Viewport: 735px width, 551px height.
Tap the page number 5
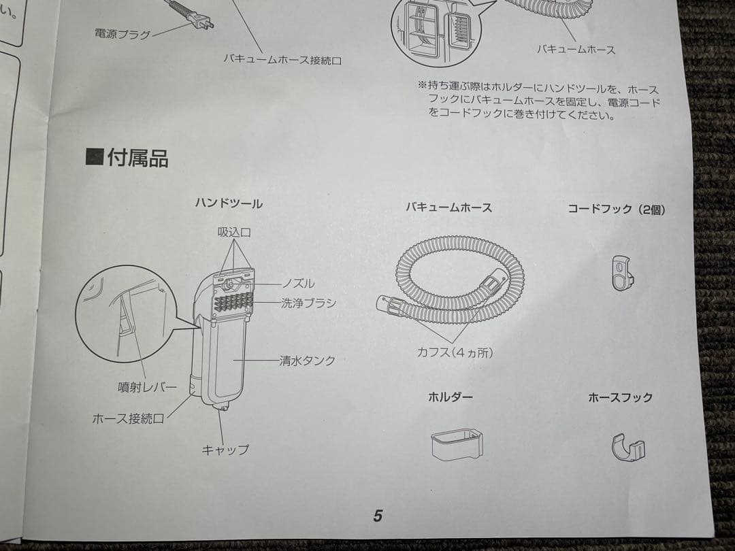(x=378, y=516)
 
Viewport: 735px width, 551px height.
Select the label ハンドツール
(x=229, y=203)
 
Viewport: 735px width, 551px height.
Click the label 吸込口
(x=234, y=233)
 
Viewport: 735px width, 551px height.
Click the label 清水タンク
(x=307, y=361)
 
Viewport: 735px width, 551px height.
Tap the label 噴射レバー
(x=147, y=387)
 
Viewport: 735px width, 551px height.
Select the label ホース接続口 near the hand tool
(x=128, y=418)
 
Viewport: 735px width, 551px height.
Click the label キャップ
(x=225, y=450)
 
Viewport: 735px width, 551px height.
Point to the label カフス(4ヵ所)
(x=455, y=352)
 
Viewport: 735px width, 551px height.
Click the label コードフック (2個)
(x=616, y=210)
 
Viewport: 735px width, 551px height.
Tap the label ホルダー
(x=450, y=397)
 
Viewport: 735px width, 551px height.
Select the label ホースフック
(x=620, y=397)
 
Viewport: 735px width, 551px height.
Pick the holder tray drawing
(x=457, y=442)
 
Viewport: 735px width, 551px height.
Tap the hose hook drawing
(x=627, y=448)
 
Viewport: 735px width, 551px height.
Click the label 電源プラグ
(x=122, y=34)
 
